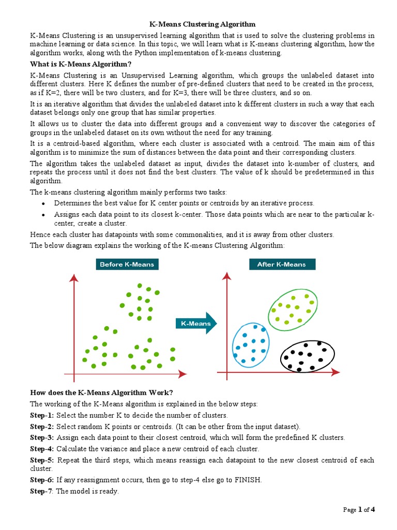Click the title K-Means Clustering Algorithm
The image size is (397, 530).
(202, 24)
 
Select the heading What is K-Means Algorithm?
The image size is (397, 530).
(81, 64)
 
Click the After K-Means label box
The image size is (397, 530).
(281, 264)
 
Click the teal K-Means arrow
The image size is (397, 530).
(196, 323)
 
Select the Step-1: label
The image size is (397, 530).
(42, 416)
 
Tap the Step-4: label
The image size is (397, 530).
(42, 449)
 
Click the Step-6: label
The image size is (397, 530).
(42, 480)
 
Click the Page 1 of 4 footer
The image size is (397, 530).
(359, 510)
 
